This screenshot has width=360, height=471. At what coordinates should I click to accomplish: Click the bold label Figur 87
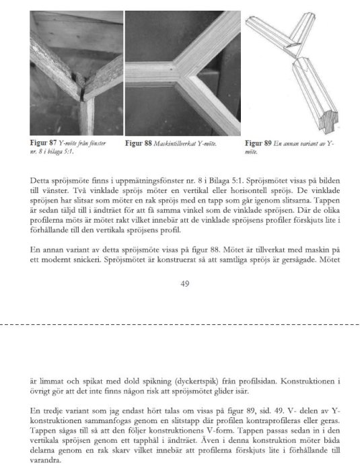44,144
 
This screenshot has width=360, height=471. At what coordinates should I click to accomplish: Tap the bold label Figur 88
139,144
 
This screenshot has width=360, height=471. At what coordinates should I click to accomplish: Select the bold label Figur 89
258,144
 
